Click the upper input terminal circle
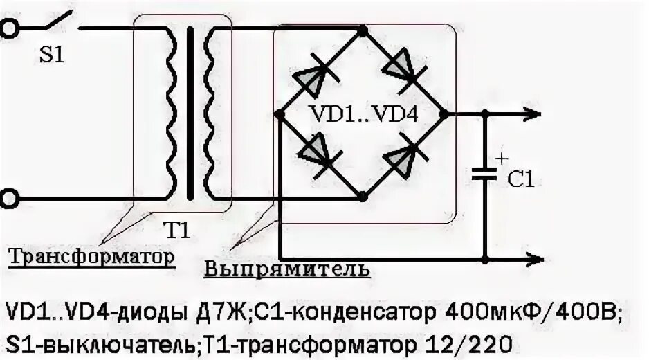[x=8, y=28]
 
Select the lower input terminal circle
[x=8, y=199]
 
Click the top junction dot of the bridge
[x=363, y=29]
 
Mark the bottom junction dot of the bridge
[x=363, y=198]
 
